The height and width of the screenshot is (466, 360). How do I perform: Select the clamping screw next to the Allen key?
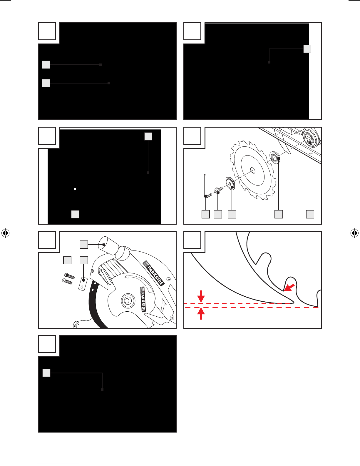(x=219, y=190)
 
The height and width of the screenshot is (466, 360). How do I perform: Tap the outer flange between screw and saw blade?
(x=230, y=183)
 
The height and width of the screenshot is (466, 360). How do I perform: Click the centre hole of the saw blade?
(x=253, y=171)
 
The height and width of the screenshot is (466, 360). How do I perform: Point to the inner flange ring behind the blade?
(x=274, y=157)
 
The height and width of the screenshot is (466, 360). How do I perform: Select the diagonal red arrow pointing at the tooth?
(x=289, y=288)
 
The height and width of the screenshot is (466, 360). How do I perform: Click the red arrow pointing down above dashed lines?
(x=201, y=296)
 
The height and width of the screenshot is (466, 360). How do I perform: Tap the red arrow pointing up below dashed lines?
(x=201, y=314)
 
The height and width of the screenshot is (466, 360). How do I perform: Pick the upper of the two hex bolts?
(x=70, y=276)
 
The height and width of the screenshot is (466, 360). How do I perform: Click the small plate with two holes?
(x=83, y=284)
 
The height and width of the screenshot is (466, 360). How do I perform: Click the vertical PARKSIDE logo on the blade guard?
(x=143, y=299)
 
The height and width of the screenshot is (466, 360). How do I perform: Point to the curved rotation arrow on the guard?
(x=139, y=281)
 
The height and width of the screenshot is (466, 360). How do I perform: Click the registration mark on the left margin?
(x=6, y=233)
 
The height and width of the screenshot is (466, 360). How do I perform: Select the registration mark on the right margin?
(x=354, y=233)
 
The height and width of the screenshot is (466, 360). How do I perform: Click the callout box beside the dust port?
(x=84, y=245)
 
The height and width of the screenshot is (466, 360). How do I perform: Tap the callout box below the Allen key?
(x=206, y=214)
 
